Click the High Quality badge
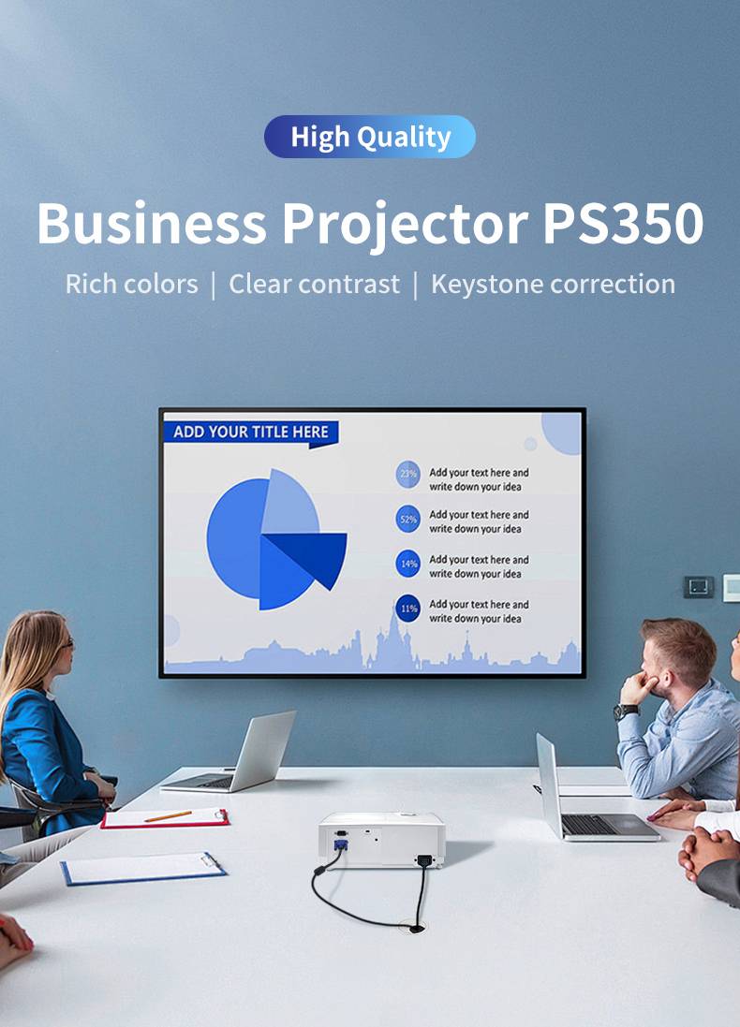[370, 137]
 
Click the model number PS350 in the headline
[623, 224]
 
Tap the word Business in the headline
[152, 224]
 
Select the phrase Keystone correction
[554, 285]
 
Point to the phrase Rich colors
[132, 285]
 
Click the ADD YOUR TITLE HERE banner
[251, 433]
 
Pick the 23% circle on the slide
[408, 475]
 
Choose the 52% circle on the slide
[408, 520]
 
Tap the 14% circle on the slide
[408, 564]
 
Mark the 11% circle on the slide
[408, 609]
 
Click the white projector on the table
[382, 841]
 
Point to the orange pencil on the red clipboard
[169, 816]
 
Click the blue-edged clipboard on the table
[143, 869]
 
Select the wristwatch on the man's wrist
[625, 712]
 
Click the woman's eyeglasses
[66, 644]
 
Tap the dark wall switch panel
[699, 587]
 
